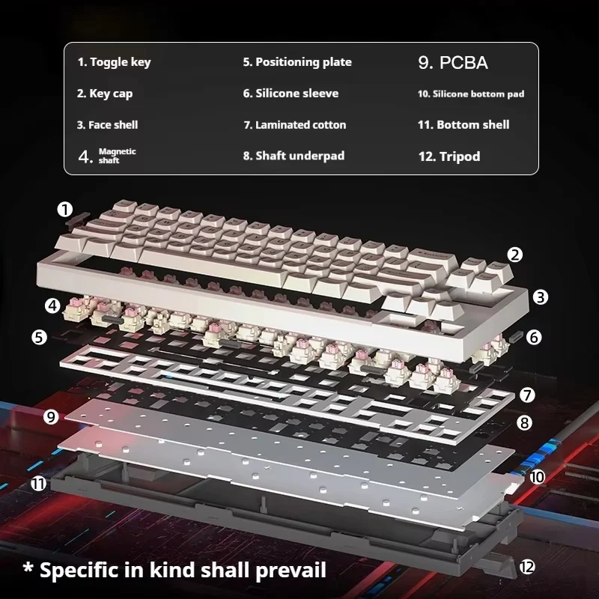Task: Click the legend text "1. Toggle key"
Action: click(x=114, y=62)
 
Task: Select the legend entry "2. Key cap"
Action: click(x=105, y=94)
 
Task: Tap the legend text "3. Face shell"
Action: click(x=107, y=125)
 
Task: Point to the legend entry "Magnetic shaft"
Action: click(x=109, y=156)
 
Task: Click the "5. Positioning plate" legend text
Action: click(x=297, y=62)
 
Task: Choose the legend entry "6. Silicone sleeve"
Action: click(x=291, y=94)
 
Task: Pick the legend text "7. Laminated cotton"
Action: click(x=294, y=125)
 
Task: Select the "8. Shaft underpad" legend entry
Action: click(x=294, y=156)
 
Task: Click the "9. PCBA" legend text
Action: click(x=452, y=63)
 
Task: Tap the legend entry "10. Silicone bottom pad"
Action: click(x=470, y=94)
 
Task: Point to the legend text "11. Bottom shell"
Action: click(x=463, y=125)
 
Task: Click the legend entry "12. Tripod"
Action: click(x=449, y=156)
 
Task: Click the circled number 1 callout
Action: click(x=66, y=209)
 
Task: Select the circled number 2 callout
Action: click(x=514, y=255)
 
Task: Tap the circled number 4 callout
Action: click(x=52, y=305)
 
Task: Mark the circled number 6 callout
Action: click(x=533, y=337)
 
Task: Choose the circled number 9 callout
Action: click(x=51, y=417)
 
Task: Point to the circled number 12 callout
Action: click(x=527, y=567)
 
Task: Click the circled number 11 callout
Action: click(x=38, y=484)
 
